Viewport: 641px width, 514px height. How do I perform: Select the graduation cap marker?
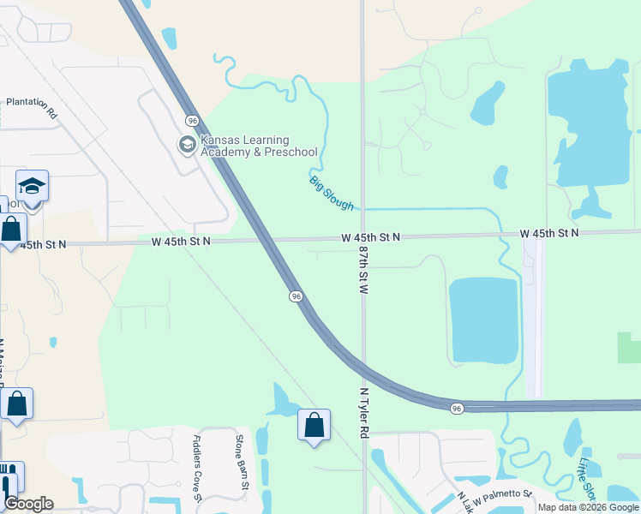tap(32, 187)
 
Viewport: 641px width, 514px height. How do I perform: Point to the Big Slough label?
tap(331, 190)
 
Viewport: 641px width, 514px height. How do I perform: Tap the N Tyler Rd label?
tap(363, 412)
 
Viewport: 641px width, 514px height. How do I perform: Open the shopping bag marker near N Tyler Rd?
tap(314, 425)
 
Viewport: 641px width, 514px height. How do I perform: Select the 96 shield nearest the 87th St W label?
tap(296, 296)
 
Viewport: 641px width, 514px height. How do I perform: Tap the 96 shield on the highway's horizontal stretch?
tap(457, 409)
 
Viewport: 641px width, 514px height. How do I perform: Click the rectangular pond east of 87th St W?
tap(483, 320)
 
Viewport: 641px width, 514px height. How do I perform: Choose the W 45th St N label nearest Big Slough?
tap(370, 236)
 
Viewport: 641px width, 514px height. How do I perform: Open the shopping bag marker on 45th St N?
tap(12, 230)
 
